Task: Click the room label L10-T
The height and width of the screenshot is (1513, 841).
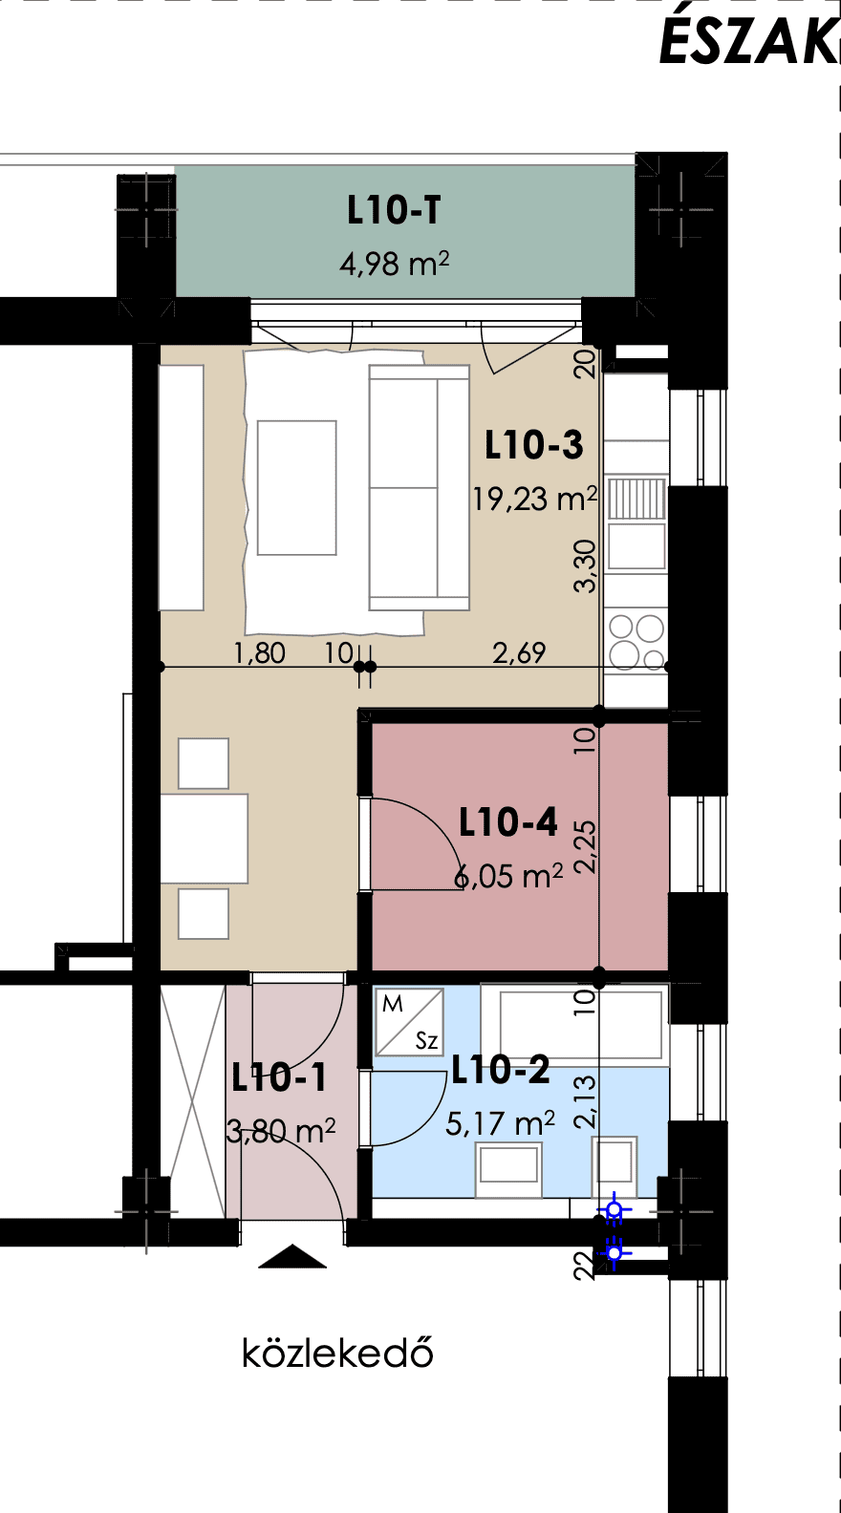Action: (394, 210)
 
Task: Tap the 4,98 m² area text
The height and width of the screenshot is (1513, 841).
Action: (394, 263)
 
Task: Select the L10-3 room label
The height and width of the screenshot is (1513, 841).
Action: (533, 445)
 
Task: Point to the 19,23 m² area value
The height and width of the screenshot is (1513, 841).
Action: (534, 499)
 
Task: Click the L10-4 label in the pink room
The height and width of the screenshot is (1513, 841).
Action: (508, 822)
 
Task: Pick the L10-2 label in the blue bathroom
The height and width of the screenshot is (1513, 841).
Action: (500, 1071)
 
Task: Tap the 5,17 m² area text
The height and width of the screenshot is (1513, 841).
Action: (500, 1123)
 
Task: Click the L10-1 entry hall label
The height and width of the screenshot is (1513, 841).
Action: (278, 1077)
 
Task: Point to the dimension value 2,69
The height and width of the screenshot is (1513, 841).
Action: (519, 653)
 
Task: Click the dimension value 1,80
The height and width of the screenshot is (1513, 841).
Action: (259, 653)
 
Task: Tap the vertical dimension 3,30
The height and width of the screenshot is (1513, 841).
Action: (585, 566)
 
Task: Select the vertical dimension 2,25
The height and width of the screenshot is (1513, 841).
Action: (585, 847)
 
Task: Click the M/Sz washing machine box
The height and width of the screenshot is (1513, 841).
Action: (410, 1022)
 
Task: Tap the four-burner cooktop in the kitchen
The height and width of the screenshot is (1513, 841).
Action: (636, 641)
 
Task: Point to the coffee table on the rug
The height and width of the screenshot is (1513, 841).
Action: (297, 488)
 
